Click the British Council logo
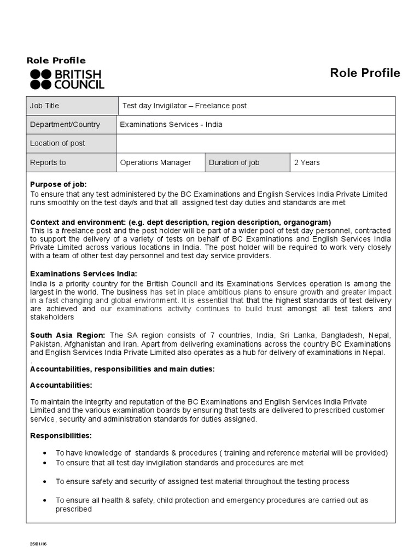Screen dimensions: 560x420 click(x=67, y=79)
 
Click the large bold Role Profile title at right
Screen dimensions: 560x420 click(x=365, y=73)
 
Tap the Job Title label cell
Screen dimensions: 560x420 click(x=71, y=106)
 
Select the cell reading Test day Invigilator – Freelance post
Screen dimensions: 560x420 click(x=256, y=106)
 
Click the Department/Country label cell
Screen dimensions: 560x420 click(x=71, y=124)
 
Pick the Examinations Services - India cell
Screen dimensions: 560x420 click(x=256, y=124)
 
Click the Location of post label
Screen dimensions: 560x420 click(x=58, y=143)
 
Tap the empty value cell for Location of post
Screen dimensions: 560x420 click(x=256, y=143)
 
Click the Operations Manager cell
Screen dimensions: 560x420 click(x=160, y=162)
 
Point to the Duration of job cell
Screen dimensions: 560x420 click(x=248, y=162)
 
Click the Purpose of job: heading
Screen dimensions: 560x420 click(x=59, y=184)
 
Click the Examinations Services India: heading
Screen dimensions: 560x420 click(x=84, y=273)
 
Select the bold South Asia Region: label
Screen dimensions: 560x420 click(x=68, y=335)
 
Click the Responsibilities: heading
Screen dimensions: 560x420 click(x=61, y=436)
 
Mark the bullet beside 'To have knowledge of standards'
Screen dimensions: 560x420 click(x=44, y=453)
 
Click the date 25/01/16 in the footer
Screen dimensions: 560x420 click(x=38, y=545)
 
